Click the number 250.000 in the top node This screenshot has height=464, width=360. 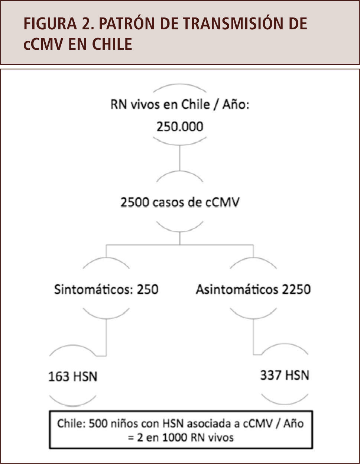click(x=180, y=127)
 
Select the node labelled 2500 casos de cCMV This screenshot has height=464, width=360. click(x=180, y=202)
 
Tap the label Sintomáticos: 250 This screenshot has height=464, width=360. click(x=106, y=289)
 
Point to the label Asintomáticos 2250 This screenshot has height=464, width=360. click(x=253, y=289)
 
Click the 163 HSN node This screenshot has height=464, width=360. click(x=73, y=376)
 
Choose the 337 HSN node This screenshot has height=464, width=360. click(x=285, y=375)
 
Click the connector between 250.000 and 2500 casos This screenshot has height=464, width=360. click(x=180, y=158)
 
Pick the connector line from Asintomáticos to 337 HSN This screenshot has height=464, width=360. click(x=253, y=336)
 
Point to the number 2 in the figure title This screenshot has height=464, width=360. click(x=84, y=24)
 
